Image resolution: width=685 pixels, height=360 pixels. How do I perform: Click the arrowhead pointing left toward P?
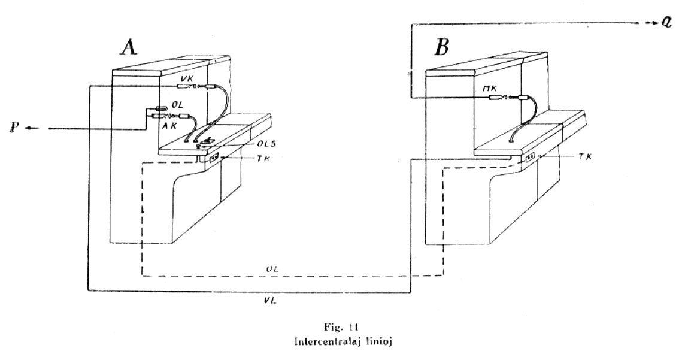point(30,128)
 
